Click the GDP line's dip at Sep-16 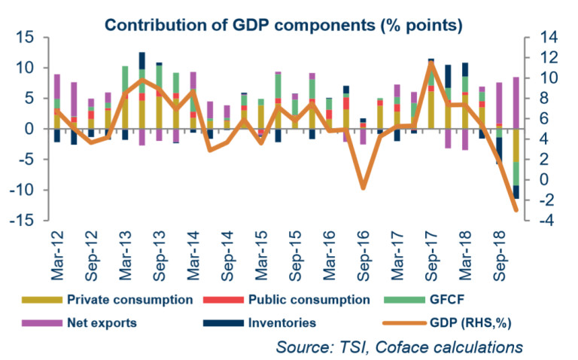coord(363,188)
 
